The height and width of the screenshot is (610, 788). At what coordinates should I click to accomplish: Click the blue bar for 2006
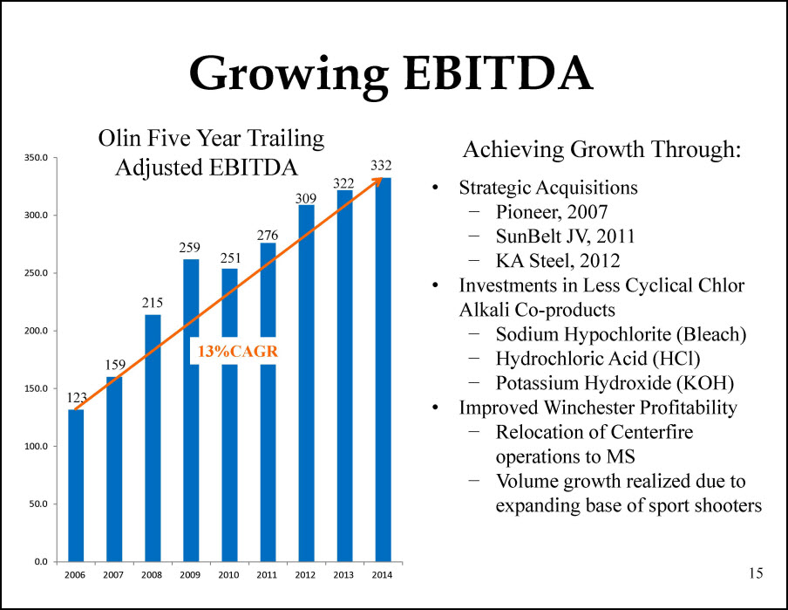(x=76, y=485)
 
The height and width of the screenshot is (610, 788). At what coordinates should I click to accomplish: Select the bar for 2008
(x=153, y=438)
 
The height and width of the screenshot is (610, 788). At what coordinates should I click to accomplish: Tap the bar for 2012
(x=307, y=383)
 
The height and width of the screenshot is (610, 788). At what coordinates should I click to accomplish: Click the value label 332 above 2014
(x=381, y=166)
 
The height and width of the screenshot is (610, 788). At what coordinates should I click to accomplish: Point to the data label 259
(x=189, y=248)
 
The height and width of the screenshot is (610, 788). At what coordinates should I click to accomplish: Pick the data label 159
(x=115, y=365)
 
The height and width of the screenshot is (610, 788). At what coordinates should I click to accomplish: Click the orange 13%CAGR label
(x=238, y=352)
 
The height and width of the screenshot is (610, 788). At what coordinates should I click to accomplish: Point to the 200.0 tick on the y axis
(x=37, y=331)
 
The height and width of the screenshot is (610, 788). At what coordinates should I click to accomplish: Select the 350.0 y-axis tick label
(x=37, y=158)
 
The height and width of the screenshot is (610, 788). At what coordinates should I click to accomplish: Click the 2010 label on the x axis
(x=228, y=575)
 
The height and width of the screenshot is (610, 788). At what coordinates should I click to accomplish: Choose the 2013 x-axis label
(x=343, y=575)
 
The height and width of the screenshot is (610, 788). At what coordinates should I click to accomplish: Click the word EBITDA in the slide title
(x=499, y=73)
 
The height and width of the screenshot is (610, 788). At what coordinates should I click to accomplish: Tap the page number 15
(x=756, y=573)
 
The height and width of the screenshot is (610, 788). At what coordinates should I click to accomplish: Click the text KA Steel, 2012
(x=558, y=261)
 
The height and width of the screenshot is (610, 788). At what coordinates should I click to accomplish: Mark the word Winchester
(x=589, y=408)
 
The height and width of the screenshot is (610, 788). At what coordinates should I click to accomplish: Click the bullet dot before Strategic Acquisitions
(x=435, y=188)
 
